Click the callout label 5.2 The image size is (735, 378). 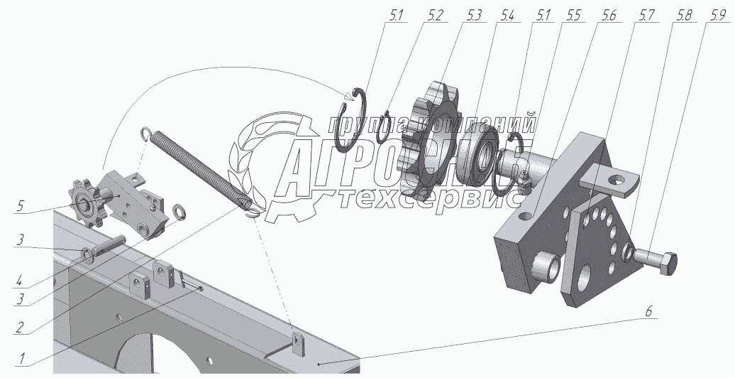434,16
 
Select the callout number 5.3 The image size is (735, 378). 473,16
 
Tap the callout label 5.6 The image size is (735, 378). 607,16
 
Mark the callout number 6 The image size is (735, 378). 649,311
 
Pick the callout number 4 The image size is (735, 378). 18,283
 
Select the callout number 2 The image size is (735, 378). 18,328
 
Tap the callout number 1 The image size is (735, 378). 21,360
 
